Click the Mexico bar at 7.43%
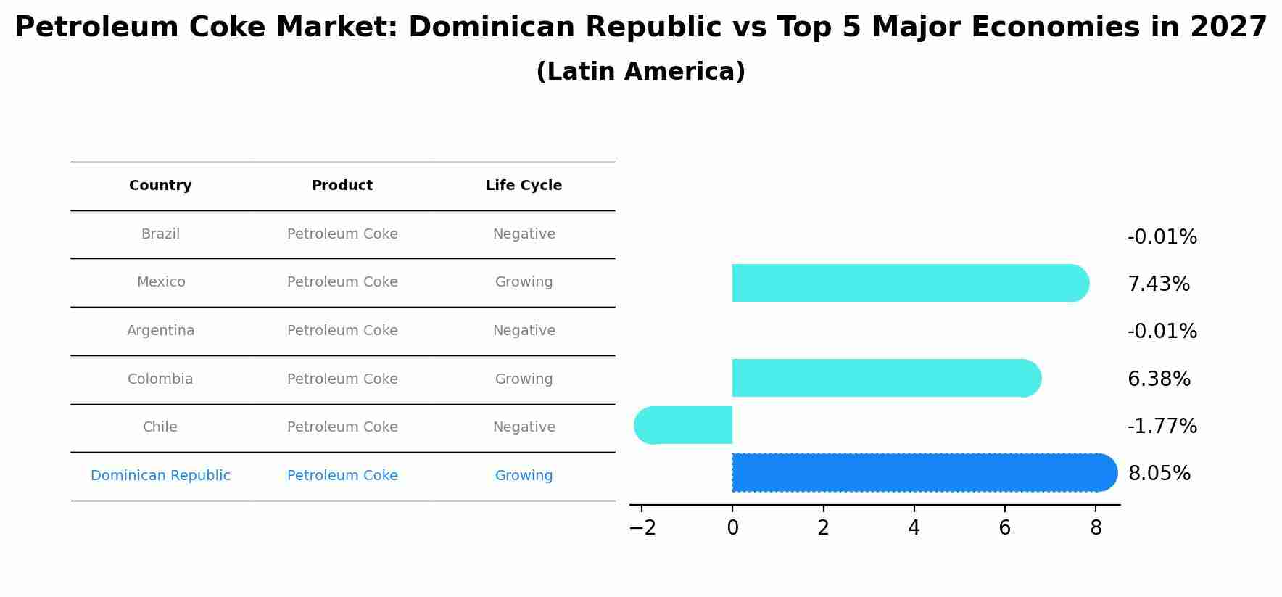click(x=906, y=283)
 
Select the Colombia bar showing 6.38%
click(x=885, y=378)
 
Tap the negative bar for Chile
click(x=685, y=425)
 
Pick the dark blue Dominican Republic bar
click(x=921, y=472)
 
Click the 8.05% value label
click(x=1159, y=474)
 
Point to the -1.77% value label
click(x=1162, y=427)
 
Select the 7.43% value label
click(x=1158, y=284)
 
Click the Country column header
click(x=160, y=186)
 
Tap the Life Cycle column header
click(x=524, y=186)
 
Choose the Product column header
click(x=342, y=186)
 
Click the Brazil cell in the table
click(x=160, y=234)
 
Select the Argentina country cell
click(x=160, y=331)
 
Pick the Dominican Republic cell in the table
click(x=160, y=476)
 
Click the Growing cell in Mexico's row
click(x=524, y=282)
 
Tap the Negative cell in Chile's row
click(x=524, y=427)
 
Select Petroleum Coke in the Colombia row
click(x=342, y=379)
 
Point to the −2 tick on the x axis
click(x=642, y=528)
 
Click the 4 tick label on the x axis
click(x=914, y=528)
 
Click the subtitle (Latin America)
click(x=640, y=72)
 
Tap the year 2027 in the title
click(x=1228, y=28)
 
